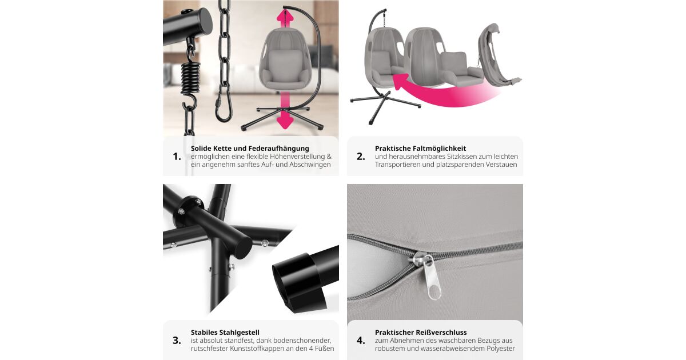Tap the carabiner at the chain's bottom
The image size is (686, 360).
(224, 104)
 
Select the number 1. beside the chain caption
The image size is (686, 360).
(177, 157)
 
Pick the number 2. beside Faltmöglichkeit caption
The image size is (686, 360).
(361, 157)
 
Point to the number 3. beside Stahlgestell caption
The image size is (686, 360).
(177, 341)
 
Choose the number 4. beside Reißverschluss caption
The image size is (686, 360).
(361, 341)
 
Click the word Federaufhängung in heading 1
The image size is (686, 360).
(279, 149)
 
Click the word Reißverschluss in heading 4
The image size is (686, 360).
(441, 333)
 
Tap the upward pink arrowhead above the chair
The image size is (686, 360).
(285, 16)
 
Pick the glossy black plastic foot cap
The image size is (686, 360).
(299, 282)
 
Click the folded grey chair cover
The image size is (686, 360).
(496, 55)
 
